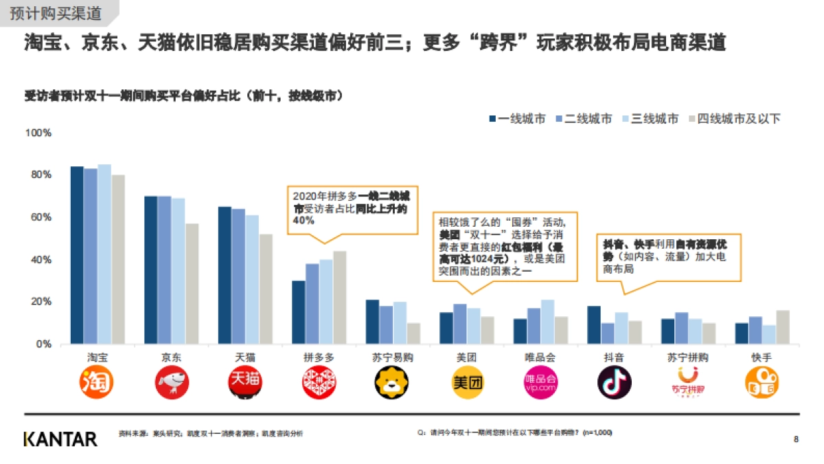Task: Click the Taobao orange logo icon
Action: [97, 383]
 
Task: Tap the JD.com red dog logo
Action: [170, 383]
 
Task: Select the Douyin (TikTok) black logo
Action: [613, 383]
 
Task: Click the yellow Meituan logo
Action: [466, 383]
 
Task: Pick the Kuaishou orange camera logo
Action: [762, 383]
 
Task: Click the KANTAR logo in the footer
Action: [60, 439]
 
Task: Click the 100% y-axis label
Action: [38, 133]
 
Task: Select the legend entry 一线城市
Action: [517, 119]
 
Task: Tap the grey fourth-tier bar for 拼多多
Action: [340, 297]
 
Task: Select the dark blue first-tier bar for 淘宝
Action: [77, 255]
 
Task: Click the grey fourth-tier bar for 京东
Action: [192, 283]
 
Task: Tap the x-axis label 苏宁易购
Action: [392, 357]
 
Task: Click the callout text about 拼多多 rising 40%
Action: [349, 208]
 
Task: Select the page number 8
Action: [796, 439]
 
